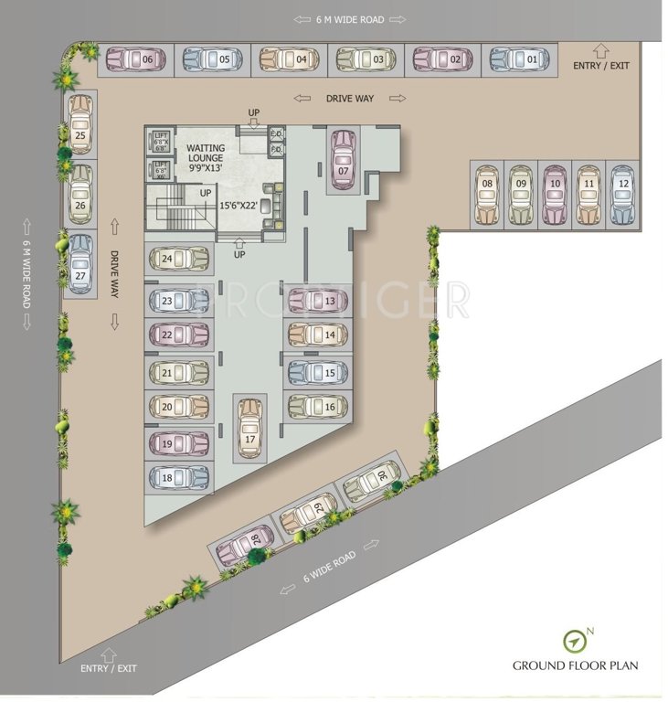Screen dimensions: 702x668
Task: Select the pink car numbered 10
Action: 555,194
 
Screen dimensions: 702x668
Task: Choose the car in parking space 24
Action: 179,259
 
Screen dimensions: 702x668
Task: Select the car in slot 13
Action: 317,300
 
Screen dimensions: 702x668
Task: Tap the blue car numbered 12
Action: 621,194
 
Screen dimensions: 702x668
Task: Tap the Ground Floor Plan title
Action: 575,665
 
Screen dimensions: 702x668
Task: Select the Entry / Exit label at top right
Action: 600,65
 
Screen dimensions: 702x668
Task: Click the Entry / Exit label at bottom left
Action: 108,669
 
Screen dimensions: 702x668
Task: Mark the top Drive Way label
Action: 350,98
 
